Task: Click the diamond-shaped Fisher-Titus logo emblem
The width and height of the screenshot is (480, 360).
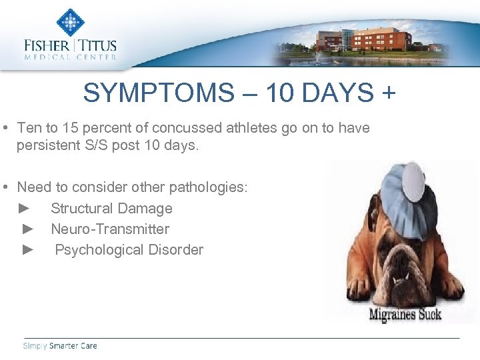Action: click(x=69, y=22)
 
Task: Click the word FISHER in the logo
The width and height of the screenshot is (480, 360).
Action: click(x=47, y=46)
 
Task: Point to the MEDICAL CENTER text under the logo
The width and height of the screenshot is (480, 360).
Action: click(x=70, y=57)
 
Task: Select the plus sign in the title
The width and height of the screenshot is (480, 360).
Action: click(x=388, y=93)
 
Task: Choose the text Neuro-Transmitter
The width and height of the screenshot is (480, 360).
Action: click(x=110, y=229)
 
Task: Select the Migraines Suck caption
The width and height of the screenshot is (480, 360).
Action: click(x=405, y=313)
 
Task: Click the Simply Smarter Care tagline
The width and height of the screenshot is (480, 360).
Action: click(x=60, y=345)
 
